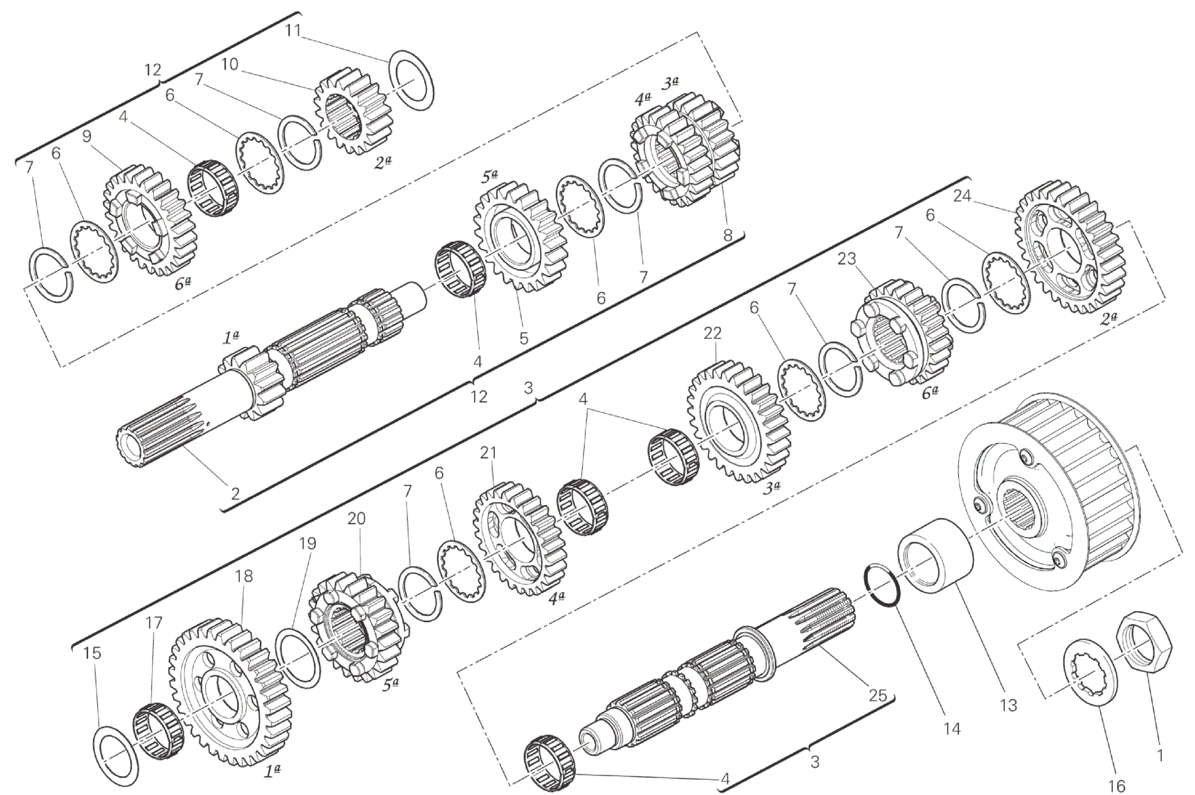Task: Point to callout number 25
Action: [877, 695]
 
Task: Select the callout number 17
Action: [153, 623]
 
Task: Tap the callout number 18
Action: [244, 576]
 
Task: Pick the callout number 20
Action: [356, 519]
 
